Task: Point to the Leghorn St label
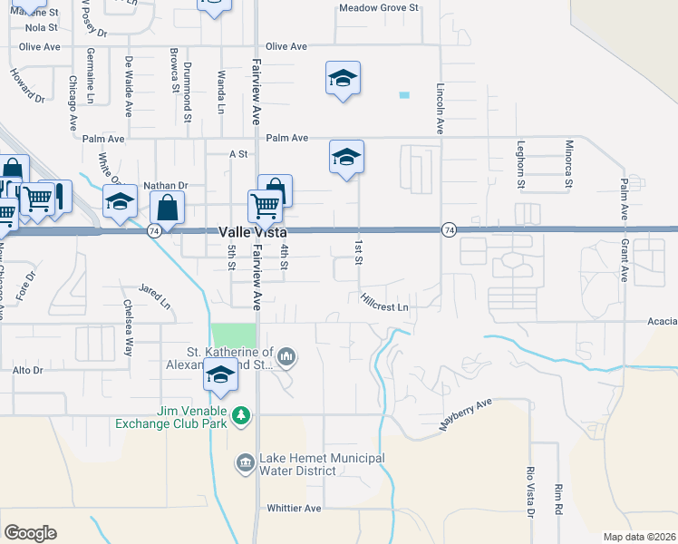coord(521,164)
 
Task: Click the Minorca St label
coord(568,164)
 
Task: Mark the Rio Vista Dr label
coord(531,492)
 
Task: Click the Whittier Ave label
coord(294,509)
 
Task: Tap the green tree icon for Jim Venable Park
coord(240,415)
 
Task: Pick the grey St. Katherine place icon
coord(286,357)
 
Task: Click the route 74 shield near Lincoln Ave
coord(448,231)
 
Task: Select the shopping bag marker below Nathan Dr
coord(168,208)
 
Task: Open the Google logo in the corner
coord(30,533)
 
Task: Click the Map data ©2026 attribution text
coord(640,537)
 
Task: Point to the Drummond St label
coord(188,79)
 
